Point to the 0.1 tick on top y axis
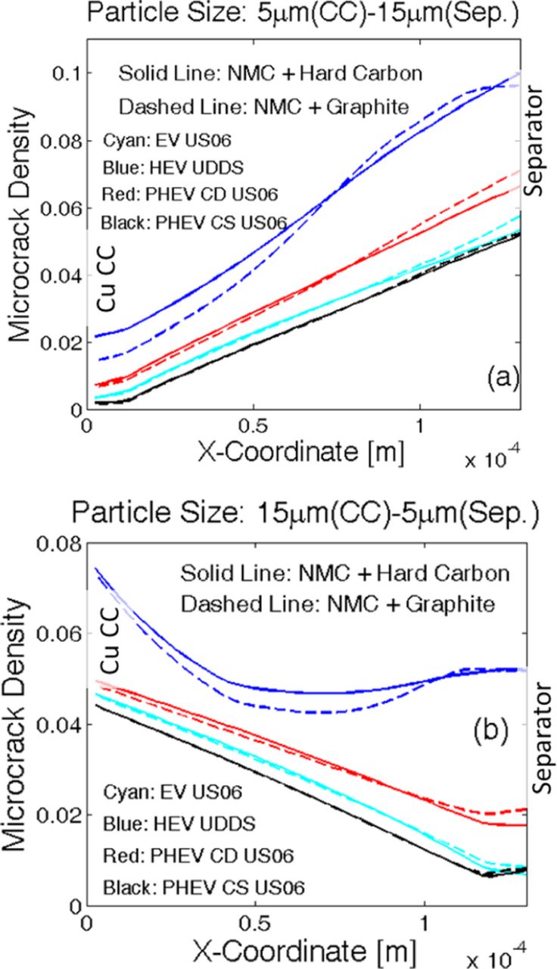click(66, 74)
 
